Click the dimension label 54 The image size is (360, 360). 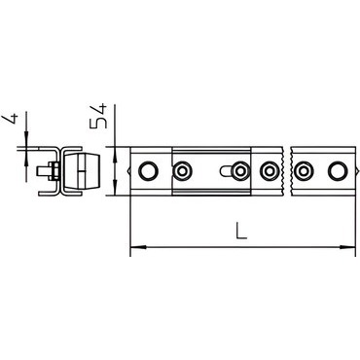point(98,116)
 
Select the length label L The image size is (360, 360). point(241,231)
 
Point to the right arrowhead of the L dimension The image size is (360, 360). point(347,247)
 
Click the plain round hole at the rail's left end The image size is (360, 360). point(148,170)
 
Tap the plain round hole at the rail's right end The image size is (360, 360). point(338,170)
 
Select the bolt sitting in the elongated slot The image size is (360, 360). point(240,170)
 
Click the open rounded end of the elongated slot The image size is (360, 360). point(223,170)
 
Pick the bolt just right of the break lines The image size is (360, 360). point(302,170)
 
